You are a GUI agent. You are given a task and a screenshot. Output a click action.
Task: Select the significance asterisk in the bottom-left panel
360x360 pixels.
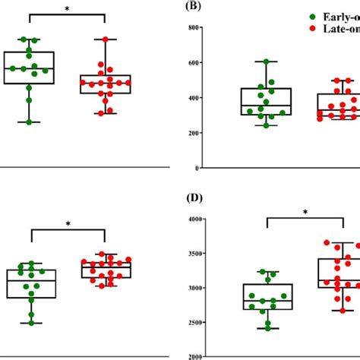click(x=68, y=224)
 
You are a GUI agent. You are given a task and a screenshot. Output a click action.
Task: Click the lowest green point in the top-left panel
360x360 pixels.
click(x=30, y=122)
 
